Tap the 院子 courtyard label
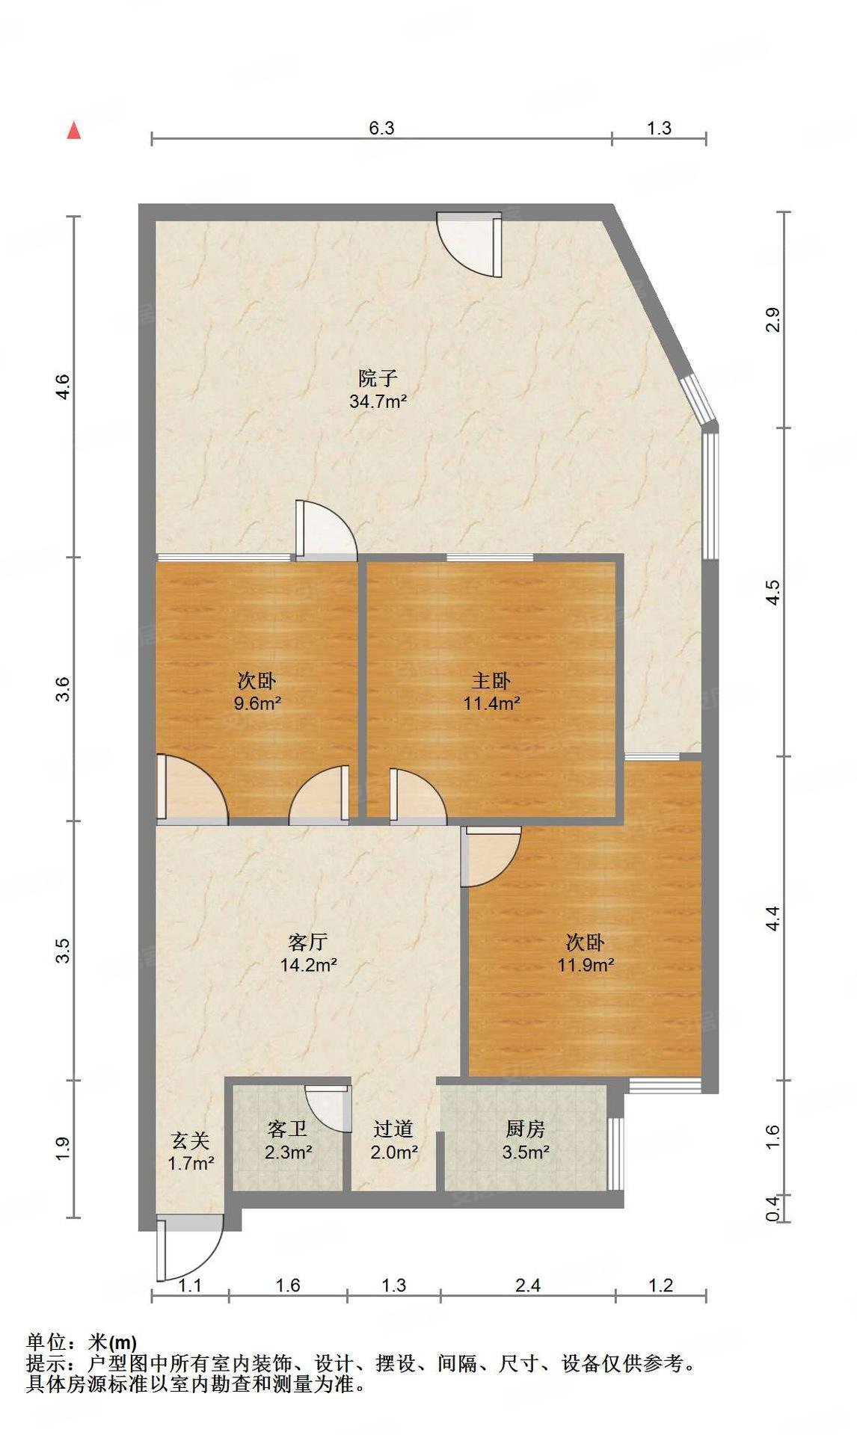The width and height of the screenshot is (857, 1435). pyautogui.click(x=378, y=379)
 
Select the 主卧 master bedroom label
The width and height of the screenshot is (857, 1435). pyautogui.click(x=491, y=681)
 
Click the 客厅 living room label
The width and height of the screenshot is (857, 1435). pyautogui.click(x=308, y=942)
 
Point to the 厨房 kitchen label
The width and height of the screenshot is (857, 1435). pyautogui.click(x=526, y=1129)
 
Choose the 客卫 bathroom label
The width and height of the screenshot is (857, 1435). pyautogui.click(x=288, y=1129)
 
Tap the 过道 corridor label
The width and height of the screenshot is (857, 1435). pyautogui.click(x=393, y=1129)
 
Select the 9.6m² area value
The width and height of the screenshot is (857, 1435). pyautogui.click(x=256, y=703)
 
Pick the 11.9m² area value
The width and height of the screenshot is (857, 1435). pyautogui.click(x=586, y=965)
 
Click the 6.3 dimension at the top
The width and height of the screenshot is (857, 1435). pyautogui.click(x=381, y=128)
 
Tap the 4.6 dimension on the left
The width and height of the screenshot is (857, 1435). pyautogui.click(x=64, y=386)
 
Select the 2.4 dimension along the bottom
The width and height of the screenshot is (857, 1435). pyautogui.click(x=528, y=1285)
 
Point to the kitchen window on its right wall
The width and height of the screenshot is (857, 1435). pyautogui.click(x=615, y=1153)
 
